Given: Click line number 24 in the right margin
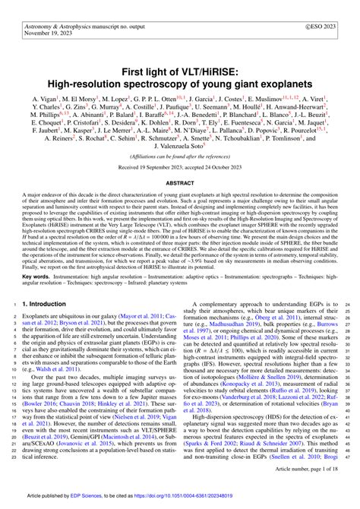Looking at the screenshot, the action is (x=349, y=283).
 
